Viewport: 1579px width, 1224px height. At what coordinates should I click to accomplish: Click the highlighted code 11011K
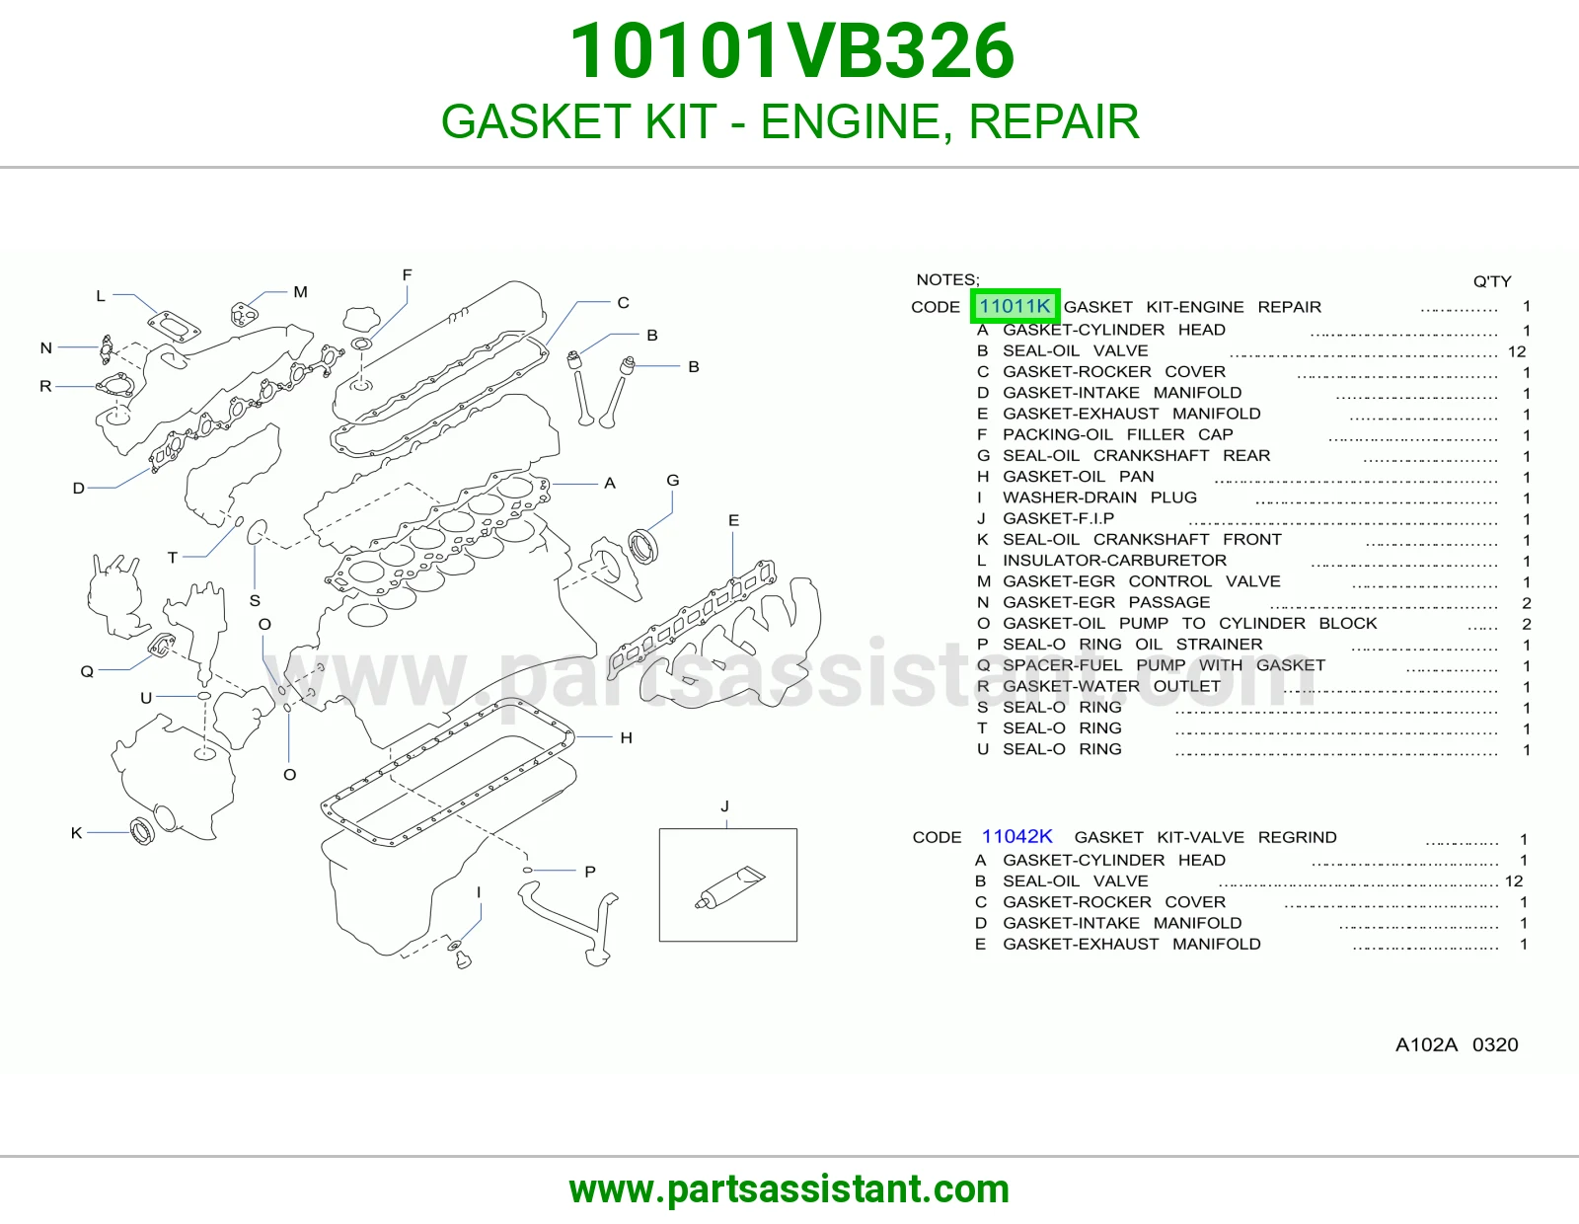coord(1015,306)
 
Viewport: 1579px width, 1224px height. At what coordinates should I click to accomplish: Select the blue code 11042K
coord(1016,837)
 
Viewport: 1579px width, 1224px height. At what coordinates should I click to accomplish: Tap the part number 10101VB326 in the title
coord(791,51)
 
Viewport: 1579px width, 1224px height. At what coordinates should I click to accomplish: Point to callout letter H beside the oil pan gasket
coord(627,737)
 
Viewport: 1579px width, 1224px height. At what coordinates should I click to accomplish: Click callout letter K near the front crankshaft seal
coord(76,833)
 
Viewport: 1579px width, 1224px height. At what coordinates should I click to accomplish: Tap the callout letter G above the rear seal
coord(673,481)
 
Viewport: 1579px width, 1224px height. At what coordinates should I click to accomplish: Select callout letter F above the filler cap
coord(407,275)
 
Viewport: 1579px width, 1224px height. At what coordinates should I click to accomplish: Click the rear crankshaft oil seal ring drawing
coord(643,547)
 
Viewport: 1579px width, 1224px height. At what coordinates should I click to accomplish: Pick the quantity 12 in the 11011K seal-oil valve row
coord(1517,351)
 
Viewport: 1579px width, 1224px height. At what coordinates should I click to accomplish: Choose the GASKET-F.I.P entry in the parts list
coord(1058,519)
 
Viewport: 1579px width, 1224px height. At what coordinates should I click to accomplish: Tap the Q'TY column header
coord(1492,281)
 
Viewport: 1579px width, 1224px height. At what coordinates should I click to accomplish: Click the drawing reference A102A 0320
coord(1457,1044)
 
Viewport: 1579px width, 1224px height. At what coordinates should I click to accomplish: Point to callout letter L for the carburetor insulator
coord(101,296)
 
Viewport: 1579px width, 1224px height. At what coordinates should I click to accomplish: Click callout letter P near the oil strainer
coord(590,872)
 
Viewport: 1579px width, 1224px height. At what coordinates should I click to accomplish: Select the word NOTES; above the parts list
coord(947,279)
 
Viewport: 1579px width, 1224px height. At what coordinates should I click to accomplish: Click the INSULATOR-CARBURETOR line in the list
coord(1114,561)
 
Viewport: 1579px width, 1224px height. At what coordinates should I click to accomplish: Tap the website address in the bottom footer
coord(789,1189)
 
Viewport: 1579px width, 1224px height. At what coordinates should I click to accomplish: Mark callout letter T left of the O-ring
coord(173,558)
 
